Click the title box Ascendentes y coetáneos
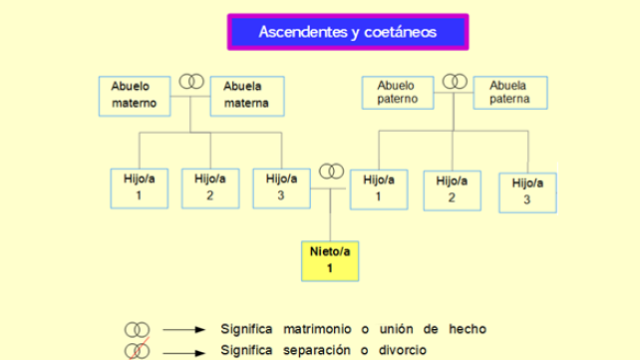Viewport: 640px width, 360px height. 348,32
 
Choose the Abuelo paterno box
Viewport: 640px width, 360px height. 398,93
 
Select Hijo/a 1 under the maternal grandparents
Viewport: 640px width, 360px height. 139,187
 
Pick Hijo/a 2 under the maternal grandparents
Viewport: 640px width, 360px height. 210,187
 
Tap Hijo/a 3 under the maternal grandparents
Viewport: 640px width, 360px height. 281,187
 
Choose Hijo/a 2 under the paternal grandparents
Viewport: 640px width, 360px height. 452,189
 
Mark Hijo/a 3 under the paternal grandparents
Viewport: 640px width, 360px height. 527,190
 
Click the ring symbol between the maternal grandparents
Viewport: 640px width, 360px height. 191,81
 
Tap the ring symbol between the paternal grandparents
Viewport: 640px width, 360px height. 455,80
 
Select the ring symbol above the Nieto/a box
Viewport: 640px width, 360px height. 331,172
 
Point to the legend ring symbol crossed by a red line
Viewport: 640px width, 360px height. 137,350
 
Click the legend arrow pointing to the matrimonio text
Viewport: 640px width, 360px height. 183,329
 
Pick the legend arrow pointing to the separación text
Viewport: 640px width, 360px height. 183,351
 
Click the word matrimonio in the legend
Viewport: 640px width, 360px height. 324,329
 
